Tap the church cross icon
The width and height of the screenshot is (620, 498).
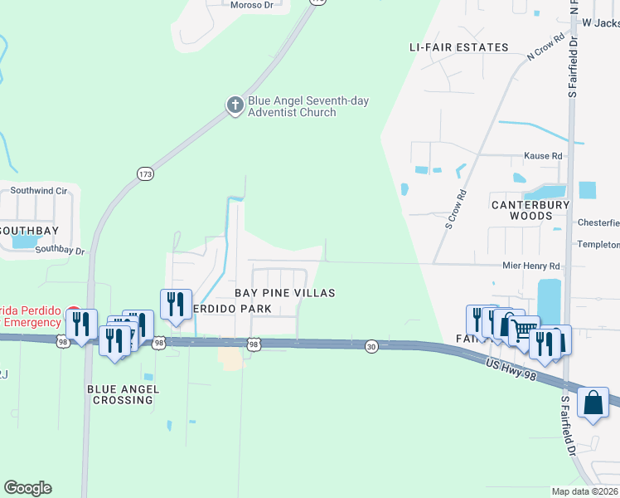[x=235, y=105]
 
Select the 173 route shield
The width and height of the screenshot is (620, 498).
[x=145, y=173]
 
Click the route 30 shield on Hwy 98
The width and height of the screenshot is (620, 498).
[x=372, y=346]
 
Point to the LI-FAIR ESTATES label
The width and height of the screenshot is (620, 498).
[x=458, y=47]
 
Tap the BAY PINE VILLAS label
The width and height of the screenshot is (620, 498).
[x=284, y=293]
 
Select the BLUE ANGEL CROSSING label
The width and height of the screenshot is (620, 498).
[x=121, y=393]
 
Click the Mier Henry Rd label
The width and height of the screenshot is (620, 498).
[x=531, y=266]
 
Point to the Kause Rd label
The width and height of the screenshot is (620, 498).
[x=543, y=155]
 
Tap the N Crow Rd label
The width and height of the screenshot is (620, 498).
[x=545, y=46]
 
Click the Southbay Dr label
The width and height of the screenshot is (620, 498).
[x=60, y=249]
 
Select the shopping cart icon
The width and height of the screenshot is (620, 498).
[x=523, y=330]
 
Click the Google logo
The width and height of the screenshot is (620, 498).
[x=27, y=488]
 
